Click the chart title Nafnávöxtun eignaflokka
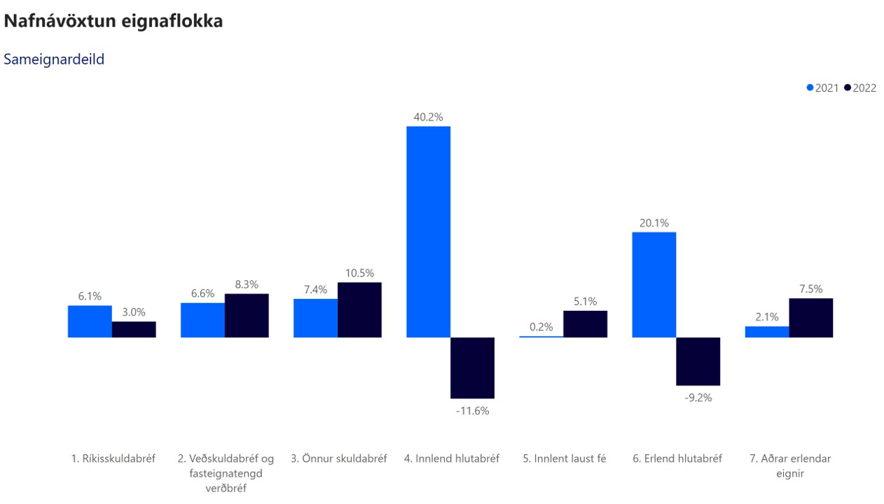pyautogui.click(x=113, y=22)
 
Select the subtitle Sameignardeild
pyautogui.click(x=54, y=59)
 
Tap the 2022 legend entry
pyautogui.click(x=860, y=88)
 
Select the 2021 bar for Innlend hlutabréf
pyautogui.click(x=428, y=232)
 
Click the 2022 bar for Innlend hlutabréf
pyautogui.click(x=472, y=367)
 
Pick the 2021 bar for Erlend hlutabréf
pyautogui.click(x=654, y=284)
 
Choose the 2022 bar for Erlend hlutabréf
pyautogui.click(x=698, y=361)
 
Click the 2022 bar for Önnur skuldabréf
pyautogui.click(x=359, y=309)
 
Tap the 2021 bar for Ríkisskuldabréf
pyautogui.click(x=90, y=321)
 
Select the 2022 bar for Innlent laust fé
pyautogui.click(x=585, y=324)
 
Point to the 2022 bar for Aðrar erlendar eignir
pyautogui.click(x=810, y=318)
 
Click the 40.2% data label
pyautogui.click(x=428, y=117)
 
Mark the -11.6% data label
pyautogui.click(x=472, y=411)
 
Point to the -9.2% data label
pyautogui.click(x=698, y=398)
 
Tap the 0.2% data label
pyautogui.click(x=541, y=326)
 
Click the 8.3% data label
pyautogui.click(x=247, y=284)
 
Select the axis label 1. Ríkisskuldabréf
pyautogui.click(x=112, y=459)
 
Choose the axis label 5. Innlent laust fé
pyautogui.click(x=564, y=459)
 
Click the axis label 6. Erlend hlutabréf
pyautogui.click(x=677, y=459)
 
